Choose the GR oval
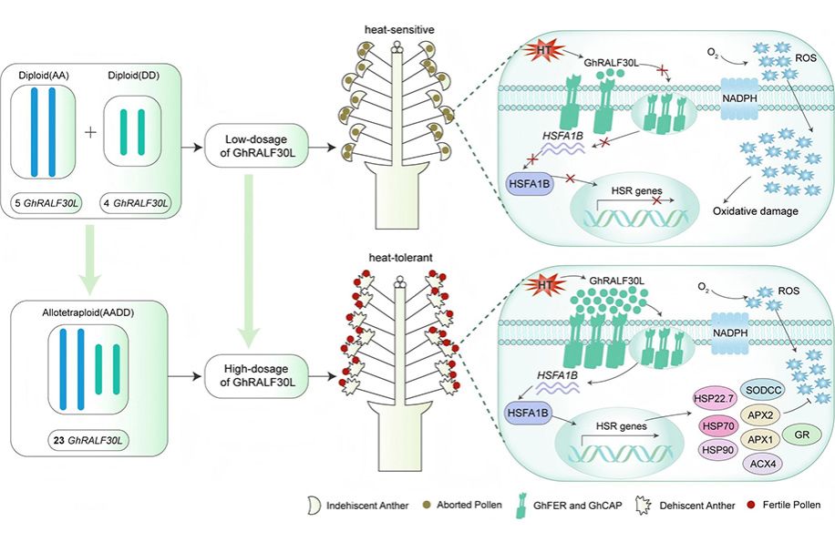point(802,436)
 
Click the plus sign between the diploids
point(90,133)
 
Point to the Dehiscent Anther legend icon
point(653,505)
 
